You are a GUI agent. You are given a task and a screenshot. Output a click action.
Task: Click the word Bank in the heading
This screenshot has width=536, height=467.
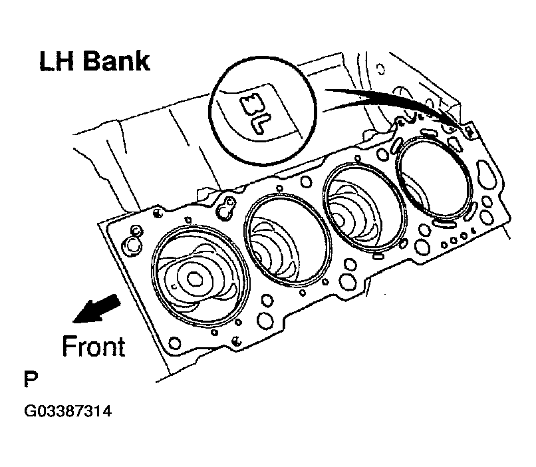pyautogui.click(x=114, y=62)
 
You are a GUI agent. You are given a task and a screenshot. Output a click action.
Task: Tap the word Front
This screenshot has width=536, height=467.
pyautogui.click(x=93, y=347)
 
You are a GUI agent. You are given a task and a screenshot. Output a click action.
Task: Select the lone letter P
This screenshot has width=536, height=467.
pyautogui.click(x=30, y=381)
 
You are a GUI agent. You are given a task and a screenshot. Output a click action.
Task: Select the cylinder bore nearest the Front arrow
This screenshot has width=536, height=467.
pyautogui.click(x=199, y=272)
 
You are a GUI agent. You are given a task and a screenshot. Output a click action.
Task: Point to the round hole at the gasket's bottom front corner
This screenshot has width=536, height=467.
pyautogui.click(x=174, y=344)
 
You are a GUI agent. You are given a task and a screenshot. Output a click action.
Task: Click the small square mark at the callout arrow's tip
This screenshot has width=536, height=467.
pyautogui.click(x=469, y=130)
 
